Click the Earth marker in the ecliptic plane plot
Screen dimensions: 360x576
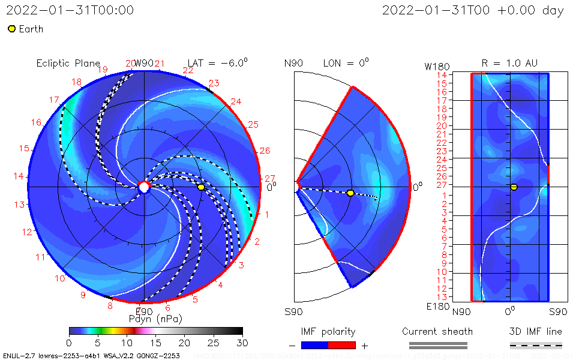[x=201, y=187]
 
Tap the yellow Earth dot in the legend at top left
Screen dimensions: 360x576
[x=11, y=29]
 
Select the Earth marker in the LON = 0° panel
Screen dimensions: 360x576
[x=350, y=193]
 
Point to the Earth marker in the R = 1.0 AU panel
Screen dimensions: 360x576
[x=514, y=187]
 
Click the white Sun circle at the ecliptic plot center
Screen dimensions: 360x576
[x=144, y=187]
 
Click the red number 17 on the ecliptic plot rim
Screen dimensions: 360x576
[x=54, y=100]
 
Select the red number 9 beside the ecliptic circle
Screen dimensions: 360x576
[x=83, y=295]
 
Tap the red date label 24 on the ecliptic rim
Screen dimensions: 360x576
[x=236, y=101]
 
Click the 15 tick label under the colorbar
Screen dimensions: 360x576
[x=155, y=342]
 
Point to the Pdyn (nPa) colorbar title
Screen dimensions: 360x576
[x=155, y=319]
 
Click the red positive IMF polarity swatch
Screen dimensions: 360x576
[x=342, y=345]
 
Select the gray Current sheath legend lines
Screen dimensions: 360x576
[x=437, y=345]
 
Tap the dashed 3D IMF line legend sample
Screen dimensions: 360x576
[x=536, y=345]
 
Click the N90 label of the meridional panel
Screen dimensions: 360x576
[x=293, y=63]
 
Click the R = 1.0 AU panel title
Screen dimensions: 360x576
[x=509, y=63]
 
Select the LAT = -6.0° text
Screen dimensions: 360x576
[x=218, y=63]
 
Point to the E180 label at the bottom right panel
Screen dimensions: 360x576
[x=436, y=307]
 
